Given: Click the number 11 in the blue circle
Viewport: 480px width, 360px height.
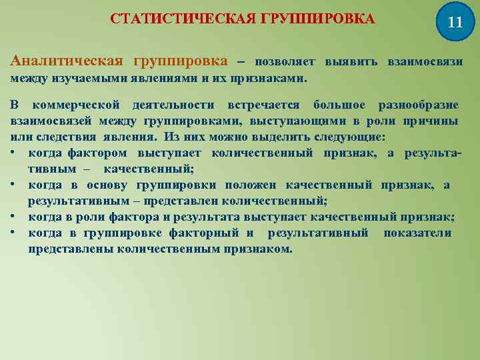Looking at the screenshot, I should point(455,21).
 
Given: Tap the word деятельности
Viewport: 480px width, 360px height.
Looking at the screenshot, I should point(173,105).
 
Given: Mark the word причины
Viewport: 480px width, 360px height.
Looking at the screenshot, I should point(435,121).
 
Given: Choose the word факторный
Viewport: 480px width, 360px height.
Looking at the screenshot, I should point(211,233).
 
